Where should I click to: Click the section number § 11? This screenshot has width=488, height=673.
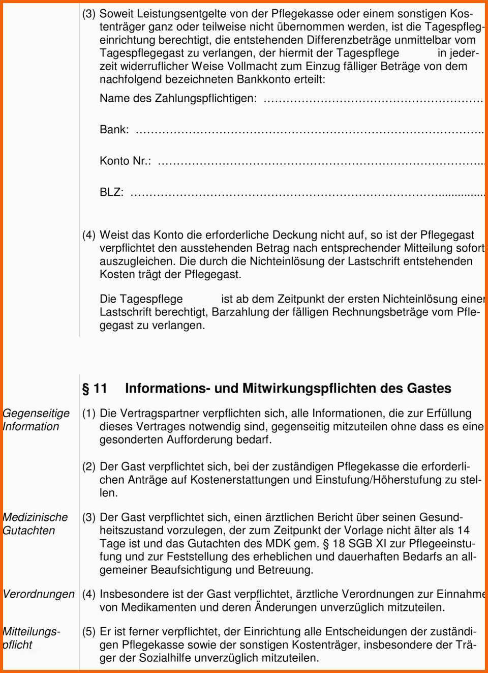(95, 389)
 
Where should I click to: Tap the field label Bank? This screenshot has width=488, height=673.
(114, 130)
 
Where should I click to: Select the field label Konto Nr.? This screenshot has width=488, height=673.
(125, 161)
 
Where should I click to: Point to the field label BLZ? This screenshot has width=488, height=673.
(111, 192)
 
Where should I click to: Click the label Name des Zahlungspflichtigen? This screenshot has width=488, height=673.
(178, 98)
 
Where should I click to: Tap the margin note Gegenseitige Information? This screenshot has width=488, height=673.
(36, 420)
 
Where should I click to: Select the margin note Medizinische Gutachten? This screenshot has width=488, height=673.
(35, 524)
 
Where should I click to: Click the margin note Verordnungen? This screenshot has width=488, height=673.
(38, 594)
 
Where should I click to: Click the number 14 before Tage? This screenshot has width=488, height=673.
(463, 531)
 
